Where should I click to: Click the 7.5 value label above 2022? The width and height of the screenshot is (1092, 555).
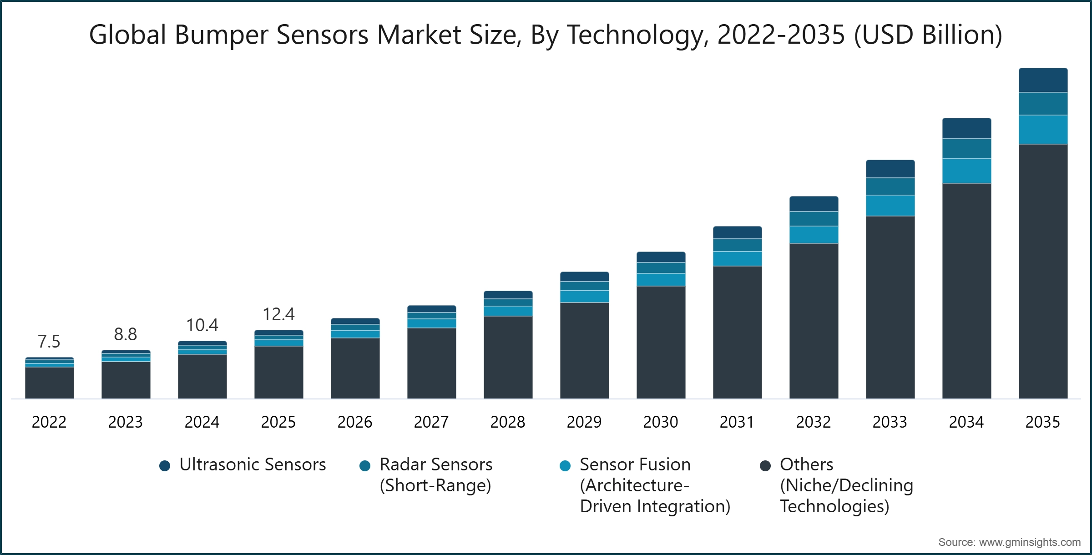click(x=49, y=342)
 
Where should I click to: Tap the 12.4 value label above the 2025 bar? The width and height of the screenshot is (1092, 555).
click(x=278, y=314)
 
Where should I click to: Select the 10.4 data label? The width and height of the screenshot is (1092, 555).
click(x=202, y=325)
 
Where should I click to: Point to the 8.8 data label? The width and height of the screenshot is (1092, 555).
click(x=125, y=334)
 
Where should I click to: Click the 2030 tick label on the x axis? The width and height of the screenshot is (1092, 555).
click(x=661, y=422)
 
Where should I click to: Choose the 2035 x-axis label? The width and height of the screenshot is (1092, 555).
click(x=1042, y=422)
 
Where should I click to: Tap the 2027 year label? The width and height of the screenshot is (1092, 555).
click(x=431, y=422)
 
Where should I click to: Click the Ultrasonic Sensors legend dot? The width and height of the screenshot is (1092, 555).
click(x=165, y=466)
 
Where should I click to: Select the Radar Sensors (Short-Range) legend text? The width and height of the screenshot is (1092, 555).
click(x=436, y=474)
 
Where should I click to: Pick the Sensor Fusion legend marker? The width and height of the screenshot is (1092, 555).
click(x=565, y=466)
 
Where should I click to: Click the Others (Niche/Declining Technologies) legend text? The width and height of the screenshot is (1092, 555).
click(x=846, y=485)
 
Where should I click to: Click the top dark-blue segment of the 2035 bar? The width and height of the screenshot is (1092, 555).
click(x=1043, y=81)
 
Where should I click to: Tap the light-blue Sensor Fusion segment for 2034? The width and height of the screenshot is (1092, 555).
click(x=966, y=171)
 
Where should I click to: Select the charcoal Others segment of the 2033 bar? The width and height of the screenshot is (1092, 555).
click(x=890, y=307)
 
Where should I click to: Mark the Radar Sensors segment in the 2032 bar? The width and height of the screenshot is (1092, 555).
click(x=814, y=219)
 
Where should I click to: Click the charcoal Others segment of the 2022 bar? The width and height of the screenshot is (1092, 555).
click(x=49, y=383)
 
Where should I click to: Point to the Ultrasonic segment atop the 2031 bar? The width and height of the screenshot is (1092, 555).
click(x=737, y=232)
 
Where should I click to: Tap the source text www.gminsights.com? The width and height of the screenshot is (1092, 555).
click(x=1029, y=542)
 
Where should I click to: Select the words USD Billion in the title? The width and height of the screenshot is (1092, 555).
click(x=928, y=35)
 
